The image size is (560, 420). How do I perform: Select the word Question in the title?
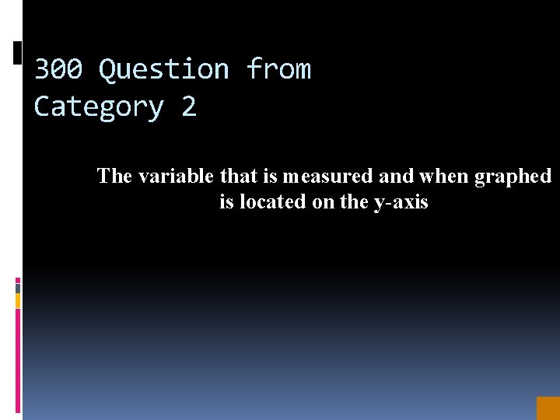pyautogui.click(x=164, y=71)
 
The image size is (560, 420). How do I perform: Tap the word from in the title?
pyautogui.click(x=278, y=70)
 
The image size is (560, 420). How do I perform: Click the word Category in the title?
pyautogui.click(x=99, y=107)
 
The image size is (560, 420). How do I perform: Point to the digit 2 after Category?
pyautogui.click(x=189, y=107)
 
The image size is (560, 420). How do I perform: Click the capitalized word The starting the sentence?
pyautogui.click(x=114, y=177)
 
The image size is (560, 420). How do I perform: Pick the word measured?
pyautogui.click(x=327, y=177)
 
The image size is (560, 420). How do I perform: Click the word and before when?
pyautogui.click(x=396, y=177)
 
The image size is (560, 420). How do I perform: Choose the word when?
pyautogui.click(x=444, y=177)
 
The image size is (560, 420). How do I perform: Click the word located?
pyautogui.click(x=271, y=202)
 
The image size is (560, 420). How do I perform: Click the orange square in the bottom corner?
pyautogui.click(x=548, y=408)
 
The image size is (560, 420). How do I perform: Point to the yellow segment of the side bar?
pyautogui.click(x=18, y=300)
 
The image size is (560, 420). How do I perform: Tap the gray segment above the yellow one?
pyautogui.click(x=18, y=288)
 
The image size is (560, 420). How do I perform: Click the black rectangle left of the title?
pyautogui.click(x=18, y=53)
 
